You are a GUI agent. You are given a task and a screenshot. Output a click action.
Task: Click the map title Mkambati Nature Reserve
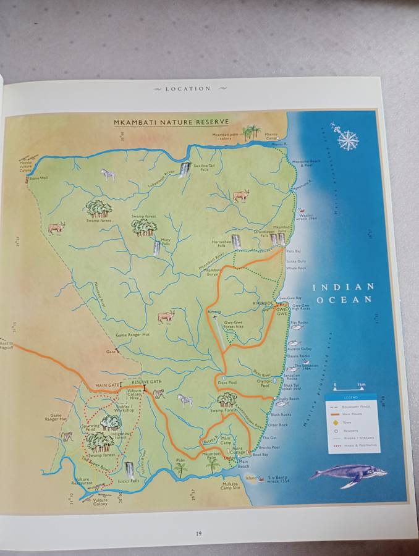(x=171, y=122)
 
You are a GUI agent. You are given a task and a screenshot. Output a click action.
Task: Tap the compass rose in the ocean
(x=347, y=139)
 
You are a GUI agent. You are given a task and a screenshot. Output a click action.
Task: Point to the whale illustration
(x=348, y=474)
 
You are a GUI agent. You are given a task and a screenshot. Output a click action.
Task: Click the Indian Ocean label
(x=343, y=293)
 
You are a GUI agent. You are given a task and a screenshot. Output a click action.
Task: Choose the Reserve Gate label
(x=146, y=382)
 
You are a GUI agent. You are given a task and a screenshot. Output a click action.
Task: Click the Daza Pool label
(x=227, y=383)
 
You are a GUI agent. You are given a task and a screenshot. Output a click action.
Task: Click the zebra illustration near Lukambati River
(x=109, y=175)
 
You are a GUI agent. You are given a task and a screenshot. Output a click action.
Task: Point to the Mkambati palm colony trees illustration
(x=251, y=132)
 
